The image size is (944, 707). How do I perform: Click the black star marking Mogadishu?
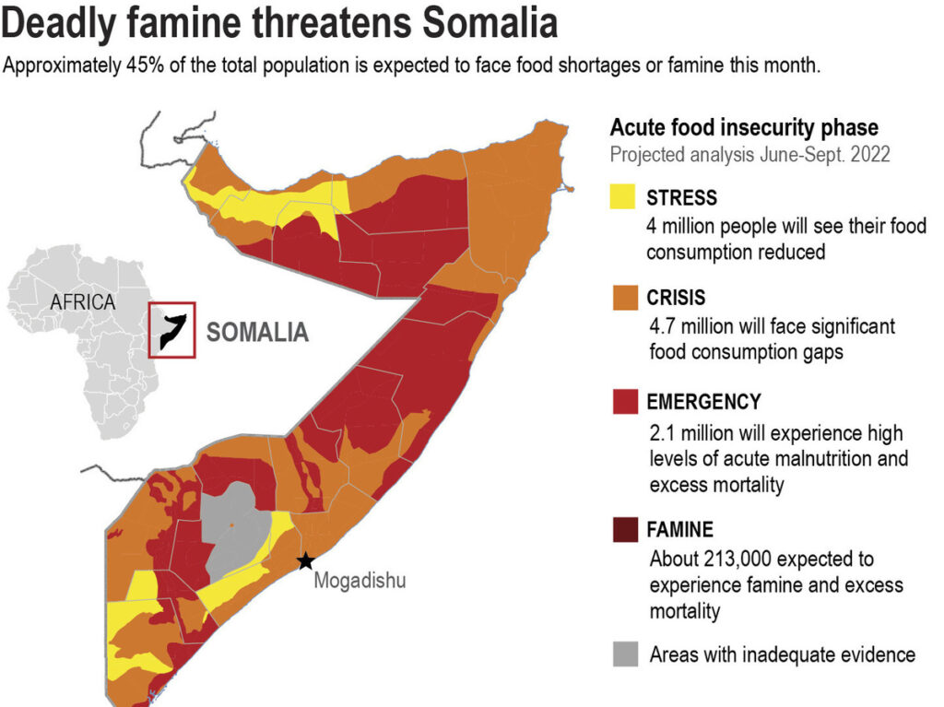[x=305, y=560]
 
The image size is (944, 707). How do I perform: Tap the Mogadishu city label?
[x=360, y=581]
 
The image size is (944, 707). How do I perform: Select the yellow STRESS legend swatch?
[x=624, y=197]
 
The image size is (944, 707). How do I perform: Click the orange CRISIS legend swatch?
[x=624, y=298]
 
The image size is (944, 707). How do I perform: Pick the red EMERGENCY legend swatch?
[x=624, y=402]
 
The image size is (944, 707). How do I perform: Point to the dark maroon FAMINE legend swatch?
[x=624, y=530]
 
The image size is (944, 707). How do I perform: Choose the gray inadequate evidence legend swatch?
[x=624, y=654]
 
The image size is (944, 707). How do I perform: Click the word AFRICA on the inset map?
[x=83, y=301]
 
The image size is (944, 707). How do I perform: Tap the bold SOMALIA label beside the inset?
[x=257, y=332]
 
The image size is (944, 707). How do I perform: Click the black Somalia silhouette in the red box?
[x=172, y=330]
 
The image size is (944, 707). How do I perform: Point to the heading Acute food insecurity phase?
[x=744, y=127]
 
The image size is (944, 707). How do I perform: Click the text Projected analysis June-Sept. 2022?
[x=749, y=154]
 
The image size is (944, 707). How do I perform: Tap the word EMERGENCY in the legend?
[x=703, y=402]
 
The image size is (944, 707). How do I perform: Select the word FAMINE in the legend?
[x=679, y=530]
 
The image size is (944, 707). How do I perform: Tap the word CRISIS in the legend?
[x=676, y=298]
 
